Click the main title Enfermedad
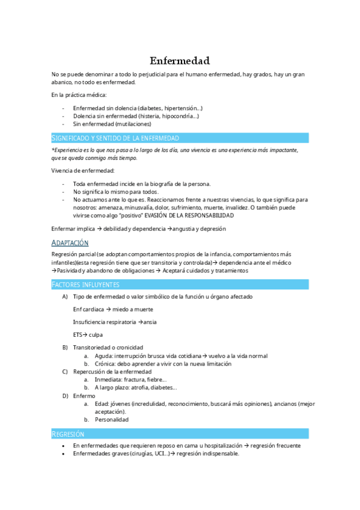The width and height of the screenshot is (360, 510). coord(180,61)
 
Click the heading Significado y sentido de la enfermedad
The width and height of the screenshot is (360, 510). coord(115,138)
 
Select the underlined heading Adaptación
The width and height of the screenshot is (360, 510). coord(70,243)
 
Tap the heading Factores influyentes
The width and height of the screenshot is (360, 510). coord(86,284)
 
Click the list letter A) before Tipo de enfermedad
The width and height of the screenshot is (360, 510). coord(65,296)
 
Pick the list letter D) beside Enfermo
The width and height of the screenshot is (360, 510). coord(65,396)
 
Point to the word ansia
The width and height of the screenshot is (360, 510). coord(150,322)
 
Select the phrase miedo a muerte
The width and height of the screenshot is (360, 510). coord(133,309)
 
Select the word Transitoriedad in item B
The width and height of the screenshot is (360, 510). coord(93,348)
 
